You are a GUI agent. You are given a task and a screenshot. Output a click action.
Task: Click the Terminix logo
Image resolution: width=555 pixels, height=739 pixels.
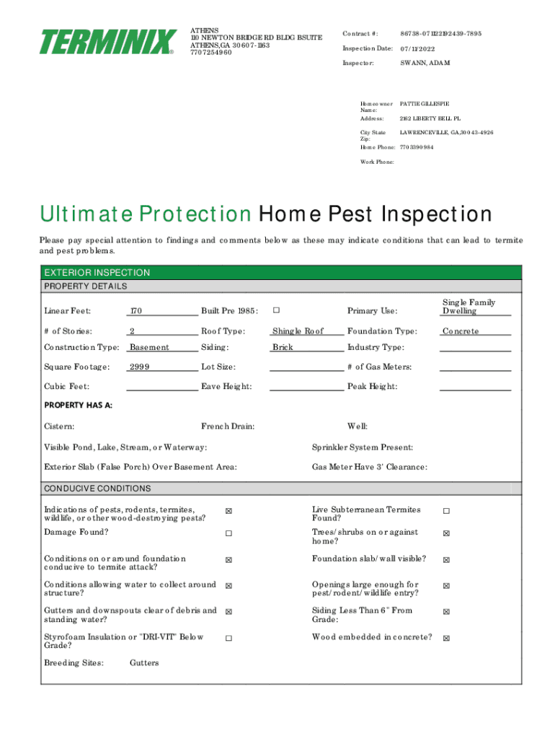(108, 42)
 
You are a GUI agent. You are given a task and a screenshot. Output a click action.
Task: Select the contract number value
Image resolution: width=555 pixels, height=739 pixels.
(441, 34)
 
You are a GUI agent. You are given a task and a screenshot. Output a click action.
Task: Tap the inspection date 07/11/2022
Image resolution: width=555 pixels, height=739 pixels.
(418, 48)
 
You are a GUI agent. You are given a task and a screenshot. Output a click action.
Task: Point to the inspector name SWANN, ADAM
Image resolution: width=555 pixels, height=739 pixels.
(425, 63)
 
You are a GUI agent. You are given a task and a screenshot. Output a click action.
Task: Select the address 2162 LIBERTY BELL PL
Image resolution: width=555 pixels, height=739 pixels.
(430, 118)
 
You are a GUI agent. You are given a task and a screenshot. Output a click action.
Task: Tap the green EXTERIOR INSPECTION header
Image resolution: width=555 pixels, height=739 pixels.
(97, 273)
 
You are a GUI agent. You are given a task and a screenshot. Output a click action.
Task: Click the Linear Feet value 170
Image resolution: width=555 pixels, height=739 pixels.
(136, 311)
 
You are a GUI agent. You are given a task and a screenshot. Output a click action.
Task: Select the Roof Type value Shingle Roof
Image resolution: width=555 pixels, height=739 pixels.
(298, 331)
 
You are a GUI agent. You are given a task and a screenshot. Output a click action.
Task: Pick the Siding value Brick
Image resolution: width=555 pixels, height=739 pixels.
(283, 347)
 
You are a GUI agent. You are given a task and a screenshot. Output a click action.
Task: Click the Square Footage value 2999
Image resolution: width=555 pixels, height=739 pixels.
(139, 367)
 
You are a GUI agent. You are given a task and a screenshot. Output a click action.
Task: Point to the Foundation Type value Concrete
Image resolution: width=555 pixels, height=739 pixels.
(461, 331)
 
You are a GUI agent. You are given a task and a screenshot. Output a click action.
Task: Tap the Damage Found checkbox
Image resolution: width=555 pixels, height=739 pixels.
(228, 533)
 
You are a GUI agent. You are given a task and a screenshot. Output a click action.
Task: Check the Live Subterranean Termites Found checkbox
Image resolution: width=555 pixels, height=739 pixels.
(446, 512)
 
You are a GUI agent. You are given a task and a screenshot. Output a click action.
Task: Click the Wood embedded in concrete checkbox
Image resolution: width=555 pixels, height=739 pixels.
(446, 638)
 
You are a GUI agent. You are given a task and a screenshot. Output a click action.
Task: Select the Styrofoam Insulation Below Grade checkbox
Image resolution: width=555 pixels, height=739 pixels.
(228, 638)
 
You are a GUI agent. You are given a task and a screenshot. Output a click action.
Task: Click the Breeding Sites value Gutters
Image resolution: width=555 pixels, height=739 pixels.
(144, 663)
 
